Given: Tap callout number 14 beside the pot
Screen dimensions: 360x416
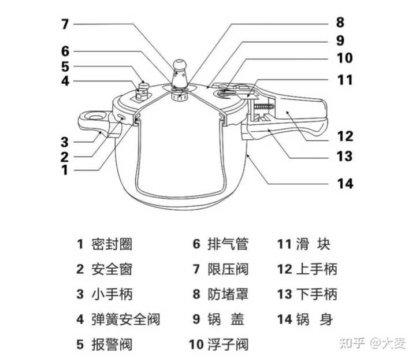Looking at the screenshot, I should pos(345,184).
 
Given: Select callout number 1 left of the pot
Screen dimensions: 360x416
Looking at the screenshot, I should pos(65,170).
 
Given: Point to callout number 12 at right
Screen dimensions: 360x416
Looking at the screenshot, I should pos(345,137).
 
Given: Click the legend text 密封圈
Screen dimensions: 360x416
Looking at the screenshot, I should pos(112,244).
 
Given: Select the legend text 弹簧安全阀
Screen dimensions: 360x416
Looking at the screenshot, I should pos(125,318).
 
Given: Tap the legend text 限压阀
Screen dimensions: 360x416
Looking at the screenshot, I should pos(228,269).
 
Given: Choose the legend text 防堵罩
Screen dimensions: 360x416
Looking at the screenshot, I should pos(228,294).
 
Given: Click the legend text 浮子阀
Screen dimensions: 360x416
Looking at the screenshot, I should pos(228,345).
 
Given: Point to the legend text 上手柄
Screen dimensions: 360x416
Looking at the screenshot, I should pos(316,269).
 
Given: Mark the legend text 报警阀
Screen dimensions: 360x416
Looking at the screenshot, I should pos(112,345).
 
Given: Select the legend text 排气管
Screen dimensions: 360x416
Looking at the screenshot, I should pos(228,244).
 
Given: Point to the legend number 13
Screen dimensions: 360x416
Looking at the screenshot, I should pos(284,294).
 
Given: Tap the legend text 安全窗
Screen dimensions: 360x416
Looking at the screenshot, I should pos(112,269).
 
